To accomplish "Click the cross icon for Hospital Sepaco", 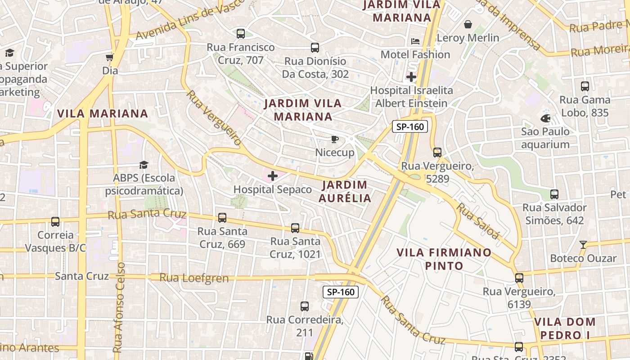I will pyautogui.click(x=273, y=176).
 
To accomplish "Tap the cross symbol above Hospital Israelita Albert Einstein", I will pyautogui.click(x=411, y=77).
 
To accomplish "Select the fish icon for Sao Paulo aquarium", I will pyautogui.click(x=545, y=118).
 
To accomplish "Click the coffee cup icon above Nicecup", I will pyautogui.click(x=334, y=139).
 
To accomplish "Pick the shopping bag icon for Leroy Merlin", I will pyautogui.click(x=468, y=24).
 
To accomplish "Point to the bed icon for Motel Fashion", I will pyautogui.click(x=415, y=41).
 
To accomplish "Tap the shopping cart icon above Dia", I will pyautogui.click(x=109, y=57).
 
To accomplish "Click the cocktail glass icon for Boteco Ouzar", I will pyautogui.click(x=583, y=245).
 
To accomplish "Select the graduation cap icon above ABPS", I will pyautogui.click(x=144, y=165).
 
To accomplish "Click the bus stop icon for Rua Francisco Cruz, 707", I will pyautogui.click(x=241, y=33).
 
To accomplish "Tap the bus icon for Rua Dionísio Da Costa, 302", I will pyautogui.click(x=315, y=47).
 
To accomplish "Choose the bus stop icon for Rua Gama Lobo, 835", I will pyautogui.click(x=585, y=86).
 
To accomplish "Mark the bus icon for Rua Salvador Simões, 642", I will pyautogui.click(x=554, y=194).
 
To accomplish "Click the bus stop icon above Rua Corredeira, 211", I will pyautogui.click(x=305, y=306).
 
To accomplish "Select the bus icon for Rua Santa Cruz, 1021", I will pyautogui.click(x=295, y=228).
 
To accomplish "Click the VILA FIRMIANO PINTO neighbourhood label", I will pyautogui.click(x=444, y=259).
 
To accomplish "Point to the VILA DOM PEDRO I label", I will pyautogui.click(x=565, y=328).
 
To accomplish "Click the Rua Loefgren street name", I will pyautogui.click(x=194, y=278).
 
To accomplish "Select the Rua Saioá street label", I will pyautogui.click(x=478, y=221).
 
